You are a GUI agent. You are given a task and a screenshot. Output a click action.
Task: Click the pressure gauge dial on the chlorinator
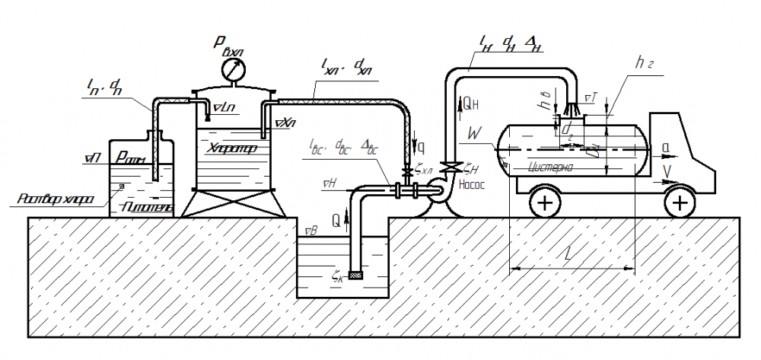pos(233,71)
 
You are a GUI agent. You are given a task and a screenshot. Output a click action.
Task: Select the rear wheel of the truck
pos(545,202)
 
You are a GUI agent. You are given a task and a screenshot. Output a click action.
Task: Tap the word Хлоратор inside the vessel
pos(231,149)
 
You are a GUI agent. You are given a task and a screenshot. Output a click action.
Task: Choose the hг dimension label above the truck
pos(645,64)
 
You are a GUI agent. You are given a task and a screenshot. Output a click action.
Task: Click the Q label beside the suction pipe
pos(336,220)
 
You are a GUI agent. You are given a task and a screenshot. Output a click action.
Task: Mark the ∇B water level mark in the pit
pos(310,230)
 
